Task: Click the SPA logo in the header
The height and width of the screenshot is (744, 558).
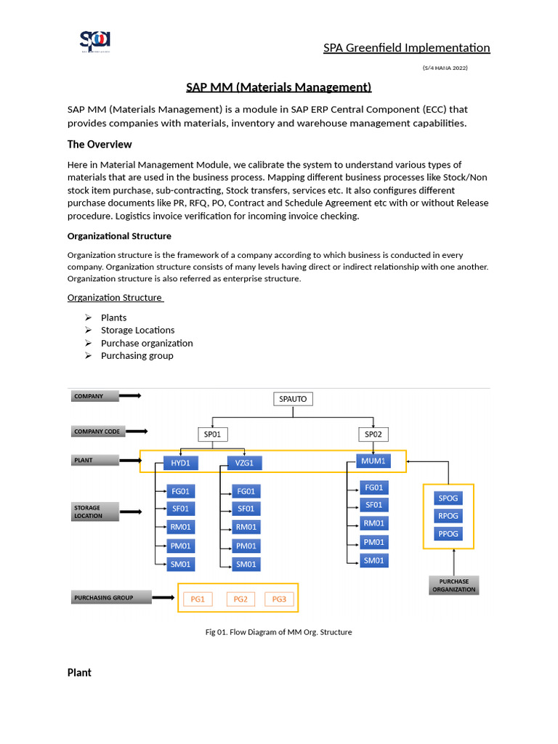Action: [95, 41]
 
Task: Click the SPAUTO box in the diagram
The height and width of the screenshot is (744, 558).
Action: [294, 399]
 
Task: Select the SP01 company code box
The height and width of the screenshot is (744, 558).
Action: [213, 434]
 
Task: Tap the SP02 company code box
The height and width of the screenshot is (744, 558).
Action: [373, 434]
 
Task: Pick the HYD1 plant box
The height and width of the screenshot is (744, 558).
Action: [181, 463]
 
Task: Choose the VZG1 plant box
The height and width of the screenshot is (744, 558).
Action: [244, 463]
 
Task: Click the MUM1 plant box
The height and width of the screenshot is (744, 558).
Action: [373, 461]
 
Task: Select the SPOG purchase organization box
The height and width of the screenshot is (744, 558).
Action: [448, 498]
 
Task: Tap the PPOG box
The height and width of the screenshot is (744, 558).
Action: [448, 533]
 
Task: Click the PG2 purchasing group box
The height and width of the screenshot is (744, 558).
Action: [240, 599]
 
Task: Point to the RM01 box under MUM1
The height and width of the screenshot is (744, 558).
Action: [373, 523]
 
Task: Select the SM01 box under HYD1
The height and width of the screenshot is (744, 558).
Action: [181, 564]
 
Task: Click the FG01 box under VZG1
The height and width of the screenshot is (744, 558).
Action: [246, 491]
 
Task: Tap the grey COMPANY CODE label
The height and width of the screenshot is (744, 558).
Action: [97, 432]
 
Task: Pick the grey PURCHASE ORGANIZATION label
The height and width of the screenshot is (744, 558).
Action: [453, 586]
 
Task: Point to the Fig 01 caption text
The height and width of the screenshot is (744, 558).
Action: [279, 632]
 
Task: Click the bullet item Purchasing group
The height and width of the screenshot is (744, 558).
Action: [137, 356]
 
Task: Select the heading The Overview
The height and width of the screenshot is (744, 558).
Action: [100, 145]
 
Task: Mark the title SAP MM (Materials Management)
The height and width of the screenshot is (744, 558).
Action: [279, 88]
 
